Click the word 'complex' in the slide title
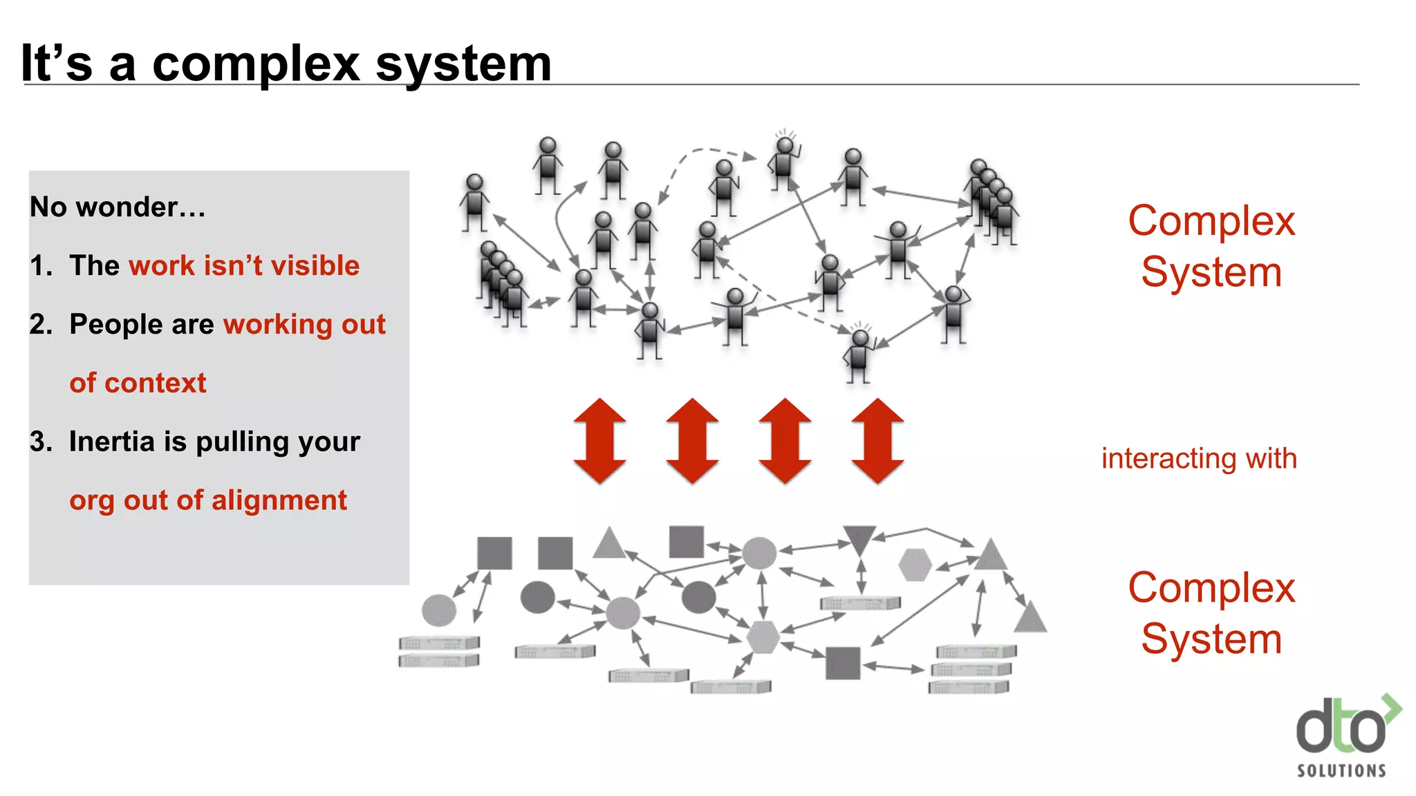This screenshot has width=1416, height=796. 255,64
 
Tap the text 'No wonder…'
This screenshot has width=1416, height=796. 118,207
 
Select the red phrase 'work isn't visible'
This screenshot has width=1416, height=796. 244,266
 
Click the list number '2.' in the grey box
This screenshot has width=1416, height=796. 41,325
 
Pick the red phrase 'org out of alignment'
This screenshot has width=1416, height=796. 208,500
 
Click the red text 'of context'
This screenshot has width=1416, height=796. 138,383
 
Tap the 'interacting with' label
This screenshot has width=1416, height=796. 1199,459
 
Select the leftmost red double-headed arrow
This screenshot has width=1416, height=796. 599,441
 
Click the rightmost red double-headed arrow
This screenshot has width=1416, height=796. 877,441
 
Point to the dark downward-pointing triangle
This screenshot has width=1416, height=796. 859,538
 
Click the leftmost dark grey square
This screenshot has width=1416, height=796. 494,553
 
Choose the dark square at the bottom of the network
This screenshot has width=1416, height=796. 843,663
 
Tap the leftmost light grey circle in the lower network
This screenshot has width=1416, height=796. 439,610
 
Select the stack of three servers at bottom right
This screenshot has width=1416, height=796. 972,669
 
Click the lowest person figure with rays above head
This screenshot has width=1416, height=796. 859,354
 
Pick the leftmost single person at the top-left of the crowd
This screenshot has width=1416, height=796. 474,202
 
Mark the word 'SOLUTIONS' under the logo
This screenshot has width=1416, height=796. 1341,770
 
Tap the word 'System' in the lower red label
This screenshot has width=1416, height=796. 1211,639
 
